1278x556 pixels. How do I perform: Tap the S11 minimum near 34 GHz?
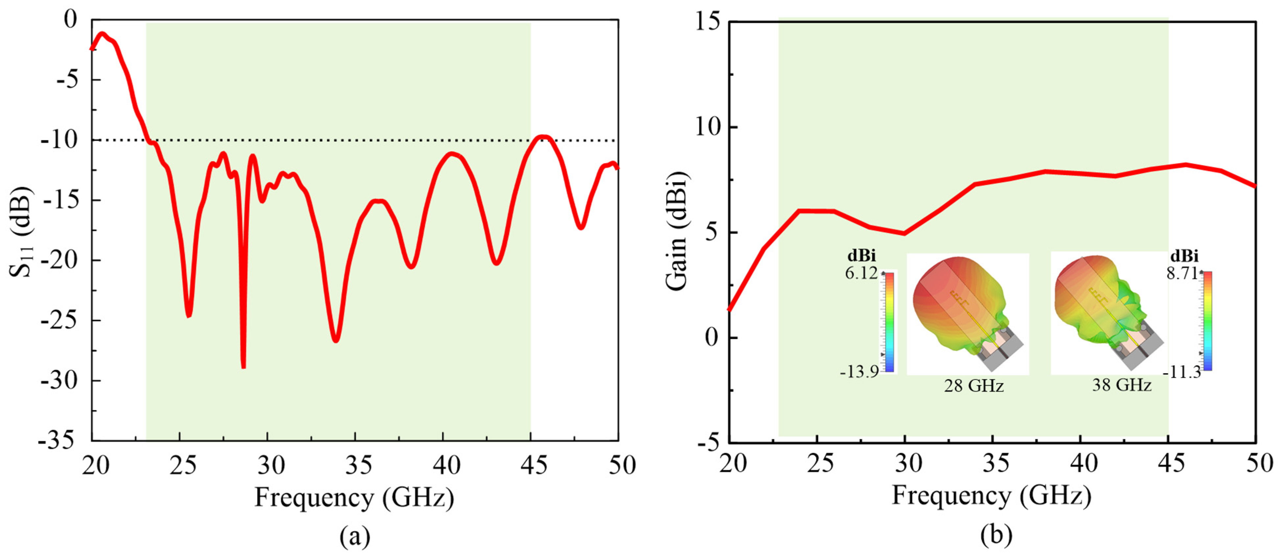click(336, 340)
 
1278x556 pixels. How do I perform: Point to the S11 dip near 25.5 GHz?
click(189, 315)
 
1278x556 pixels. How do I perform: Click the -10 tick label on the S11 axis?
click(59, 140)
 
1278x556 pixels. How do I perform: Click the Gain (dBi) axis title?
click(677, 231)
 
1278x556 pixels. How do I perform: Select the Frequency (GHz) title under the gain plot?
click(991, 496)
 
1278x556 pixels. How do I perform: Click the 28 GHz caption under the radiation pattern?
click(973, 386)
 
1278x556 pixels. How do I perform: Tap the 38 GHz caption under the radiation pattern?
click(1121, 385)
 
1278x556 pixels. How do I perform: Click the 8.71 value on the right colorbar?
click(1182, 273)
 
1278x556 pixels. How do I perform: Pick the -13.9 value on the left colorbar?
click(859, 371)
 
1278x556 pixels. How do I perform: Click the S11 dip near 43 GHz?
click(497, 262)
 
